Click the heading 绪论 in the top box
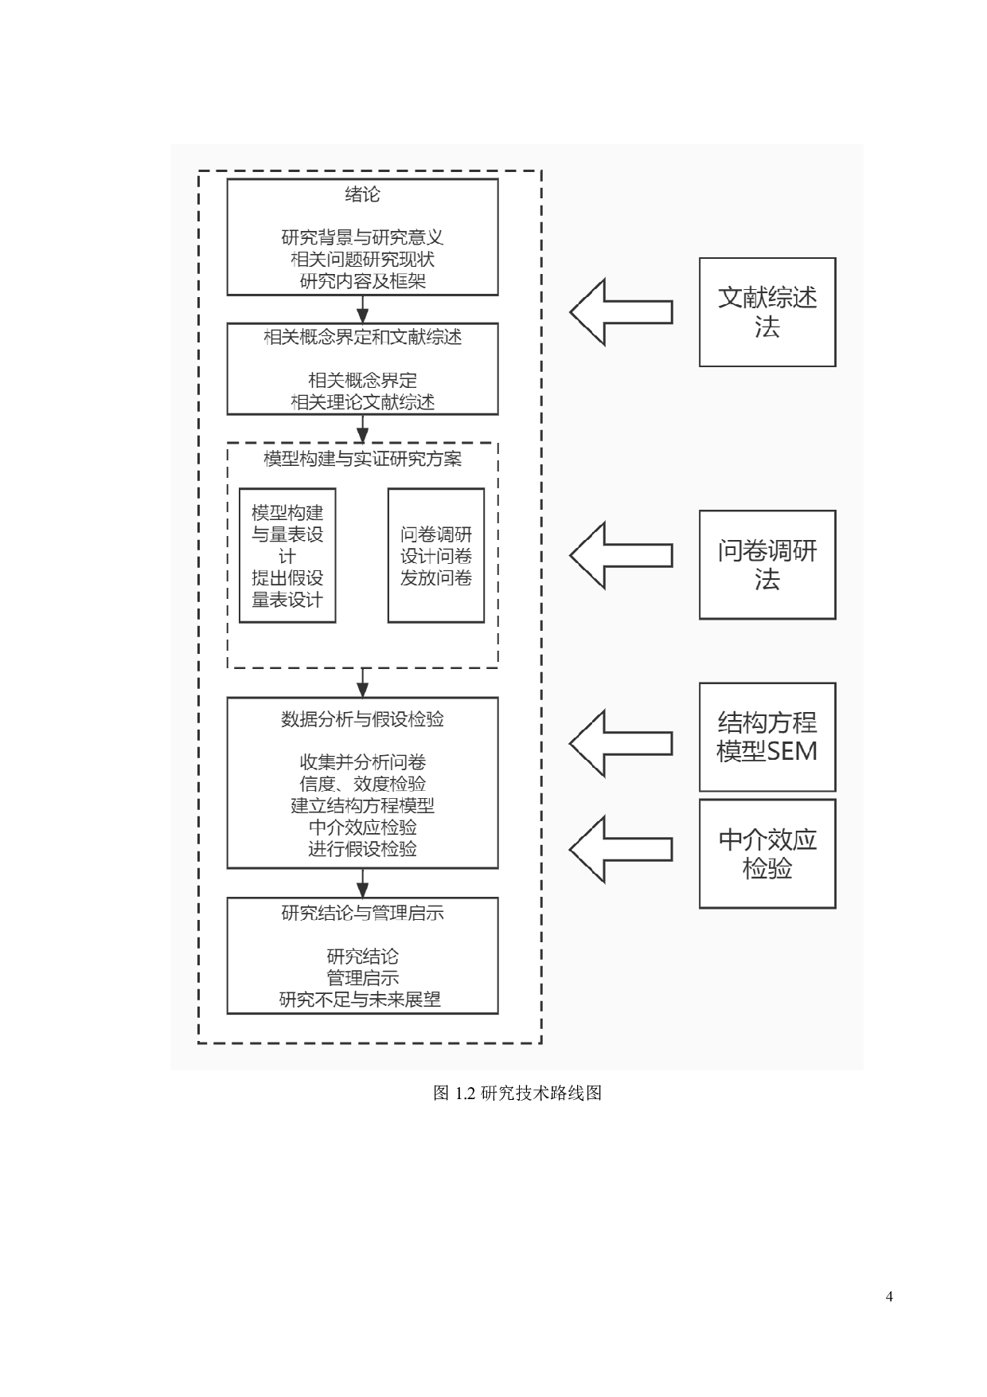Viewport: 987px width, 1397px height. click(362, 194)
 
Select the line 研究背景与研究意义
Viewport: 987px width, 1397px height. click(362, 237)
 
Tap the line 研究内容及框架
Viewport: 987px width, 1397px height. click(362, 281)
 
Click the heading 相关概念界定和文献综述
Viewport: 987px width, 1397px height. click(362, 338)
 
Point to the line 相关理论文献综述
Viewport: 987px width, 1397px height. click(362, 402)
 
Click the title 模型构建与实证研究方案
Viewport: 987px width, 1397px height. click(362, 460)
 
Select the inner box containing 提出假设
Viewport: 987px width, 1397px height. click(287, 555)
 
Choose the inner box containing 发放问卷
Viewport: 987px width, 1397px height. click(436, 555)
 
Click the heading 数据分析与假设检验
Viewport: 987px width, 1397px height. click(362, 720)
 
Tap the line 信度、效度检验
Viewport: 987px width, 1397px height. click(362, 784)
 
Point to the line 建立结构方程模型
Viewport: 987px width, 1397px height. click(362, 805)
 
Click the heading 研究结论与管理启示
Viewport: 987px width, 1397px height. click(362, 914)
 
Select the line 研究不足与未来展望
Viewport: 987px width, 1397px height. click(360, 1000)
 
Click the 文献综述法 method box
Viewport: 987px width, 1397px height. click(767, 312)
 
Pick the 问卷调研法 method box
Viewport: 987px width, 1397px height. click(767, 565)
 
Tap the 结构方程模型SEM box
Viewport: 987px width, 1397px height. click(767, 737)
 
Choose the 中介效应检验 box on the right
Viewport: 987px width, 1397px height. click(767, 854)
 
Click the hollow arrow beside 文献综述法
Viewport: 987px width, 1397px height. click(621, 312)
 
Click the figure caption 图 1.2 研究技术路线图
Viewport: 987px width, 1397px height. click(517, 1094)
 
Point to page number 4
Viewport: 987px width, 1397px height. click(889, 1297)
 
